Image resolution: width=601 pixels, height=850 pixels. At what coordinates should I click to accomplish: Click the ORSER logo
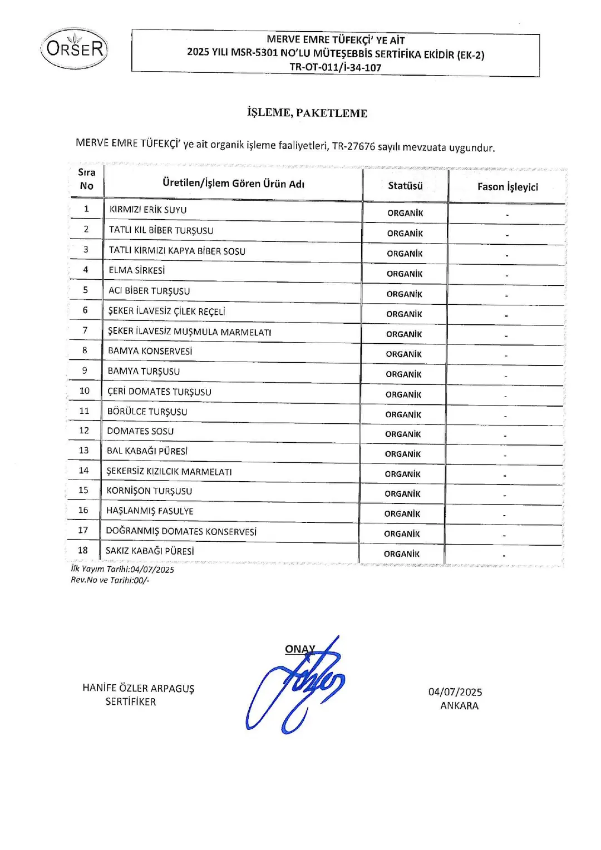pyautogui.click(x=75, y=49)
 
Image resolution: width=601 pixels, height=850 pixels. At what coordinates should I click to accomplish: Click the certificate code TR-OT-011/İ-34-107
pyautogui.click(x=336, y=68)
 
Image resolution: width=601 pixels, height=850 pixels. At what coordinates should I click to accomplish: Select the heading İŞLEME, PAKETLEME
pyautogui.click(x=307, y=113)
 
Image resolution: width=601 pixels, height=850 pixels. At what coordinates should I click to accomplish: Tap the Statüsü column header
pyautogui.click(x=405, y=186)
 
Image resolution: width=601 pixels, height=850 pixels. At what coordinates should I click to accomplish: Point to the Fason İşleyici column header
pyautogui.click(x=508, y=187)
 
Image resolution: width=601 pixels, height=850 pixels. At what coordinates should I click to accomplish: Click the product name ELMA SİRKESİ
pyautogui.click(x=137, y=270)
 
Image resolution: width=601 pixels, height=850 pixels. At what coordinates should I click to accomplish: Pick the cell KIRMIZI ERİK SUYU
pyautogui.click(x=148, y=210)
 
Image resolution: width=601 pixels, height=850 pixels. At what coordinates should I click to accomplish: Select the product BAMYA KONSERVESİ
pyautogui.click(x=150, y=351)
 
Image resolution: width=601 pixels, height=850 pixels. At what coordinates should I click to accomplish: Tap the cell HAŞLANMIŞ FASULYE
pyautogui.click(x=150, y=511)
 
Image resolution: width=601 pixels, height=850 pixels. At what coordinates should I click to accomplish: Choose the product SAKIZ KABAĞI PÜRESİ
pyautogui.click(x=150, y=551)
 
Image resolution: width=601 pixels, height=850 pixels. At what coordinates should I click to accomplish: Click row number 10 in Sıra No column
pyautogui.click(x=85, y=391)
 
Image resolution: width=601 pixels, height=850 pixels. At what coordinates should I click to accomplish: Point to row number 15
pyautogui.click(x=83, y=490)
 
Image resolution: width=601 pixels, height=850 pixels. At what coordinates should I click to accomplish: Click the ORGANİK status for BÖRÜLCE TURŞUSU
pyautogui.click(x=403, y=414)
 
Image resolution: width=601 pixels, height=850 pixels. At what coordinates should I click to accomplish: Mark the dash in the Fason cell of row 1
pyautogui.click(x=507, y=215)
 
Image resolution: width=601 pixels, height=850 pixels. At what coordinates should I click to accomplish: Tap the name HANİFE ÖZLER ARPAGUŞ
pyautogui.click(x=139, y=688)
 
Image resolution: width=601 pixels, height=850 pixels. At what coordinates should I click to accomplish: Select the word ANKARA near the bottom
pyautogui.click(x=459, y=705)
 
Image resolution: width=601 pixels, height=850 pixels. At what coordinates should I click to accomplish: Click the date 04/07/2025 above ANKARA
pyautogui.click(x=455, y=692)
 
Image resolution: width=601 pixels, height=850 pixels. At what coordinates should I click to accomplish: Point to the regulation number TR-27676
pyautogui.click(x=353, y=146)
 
